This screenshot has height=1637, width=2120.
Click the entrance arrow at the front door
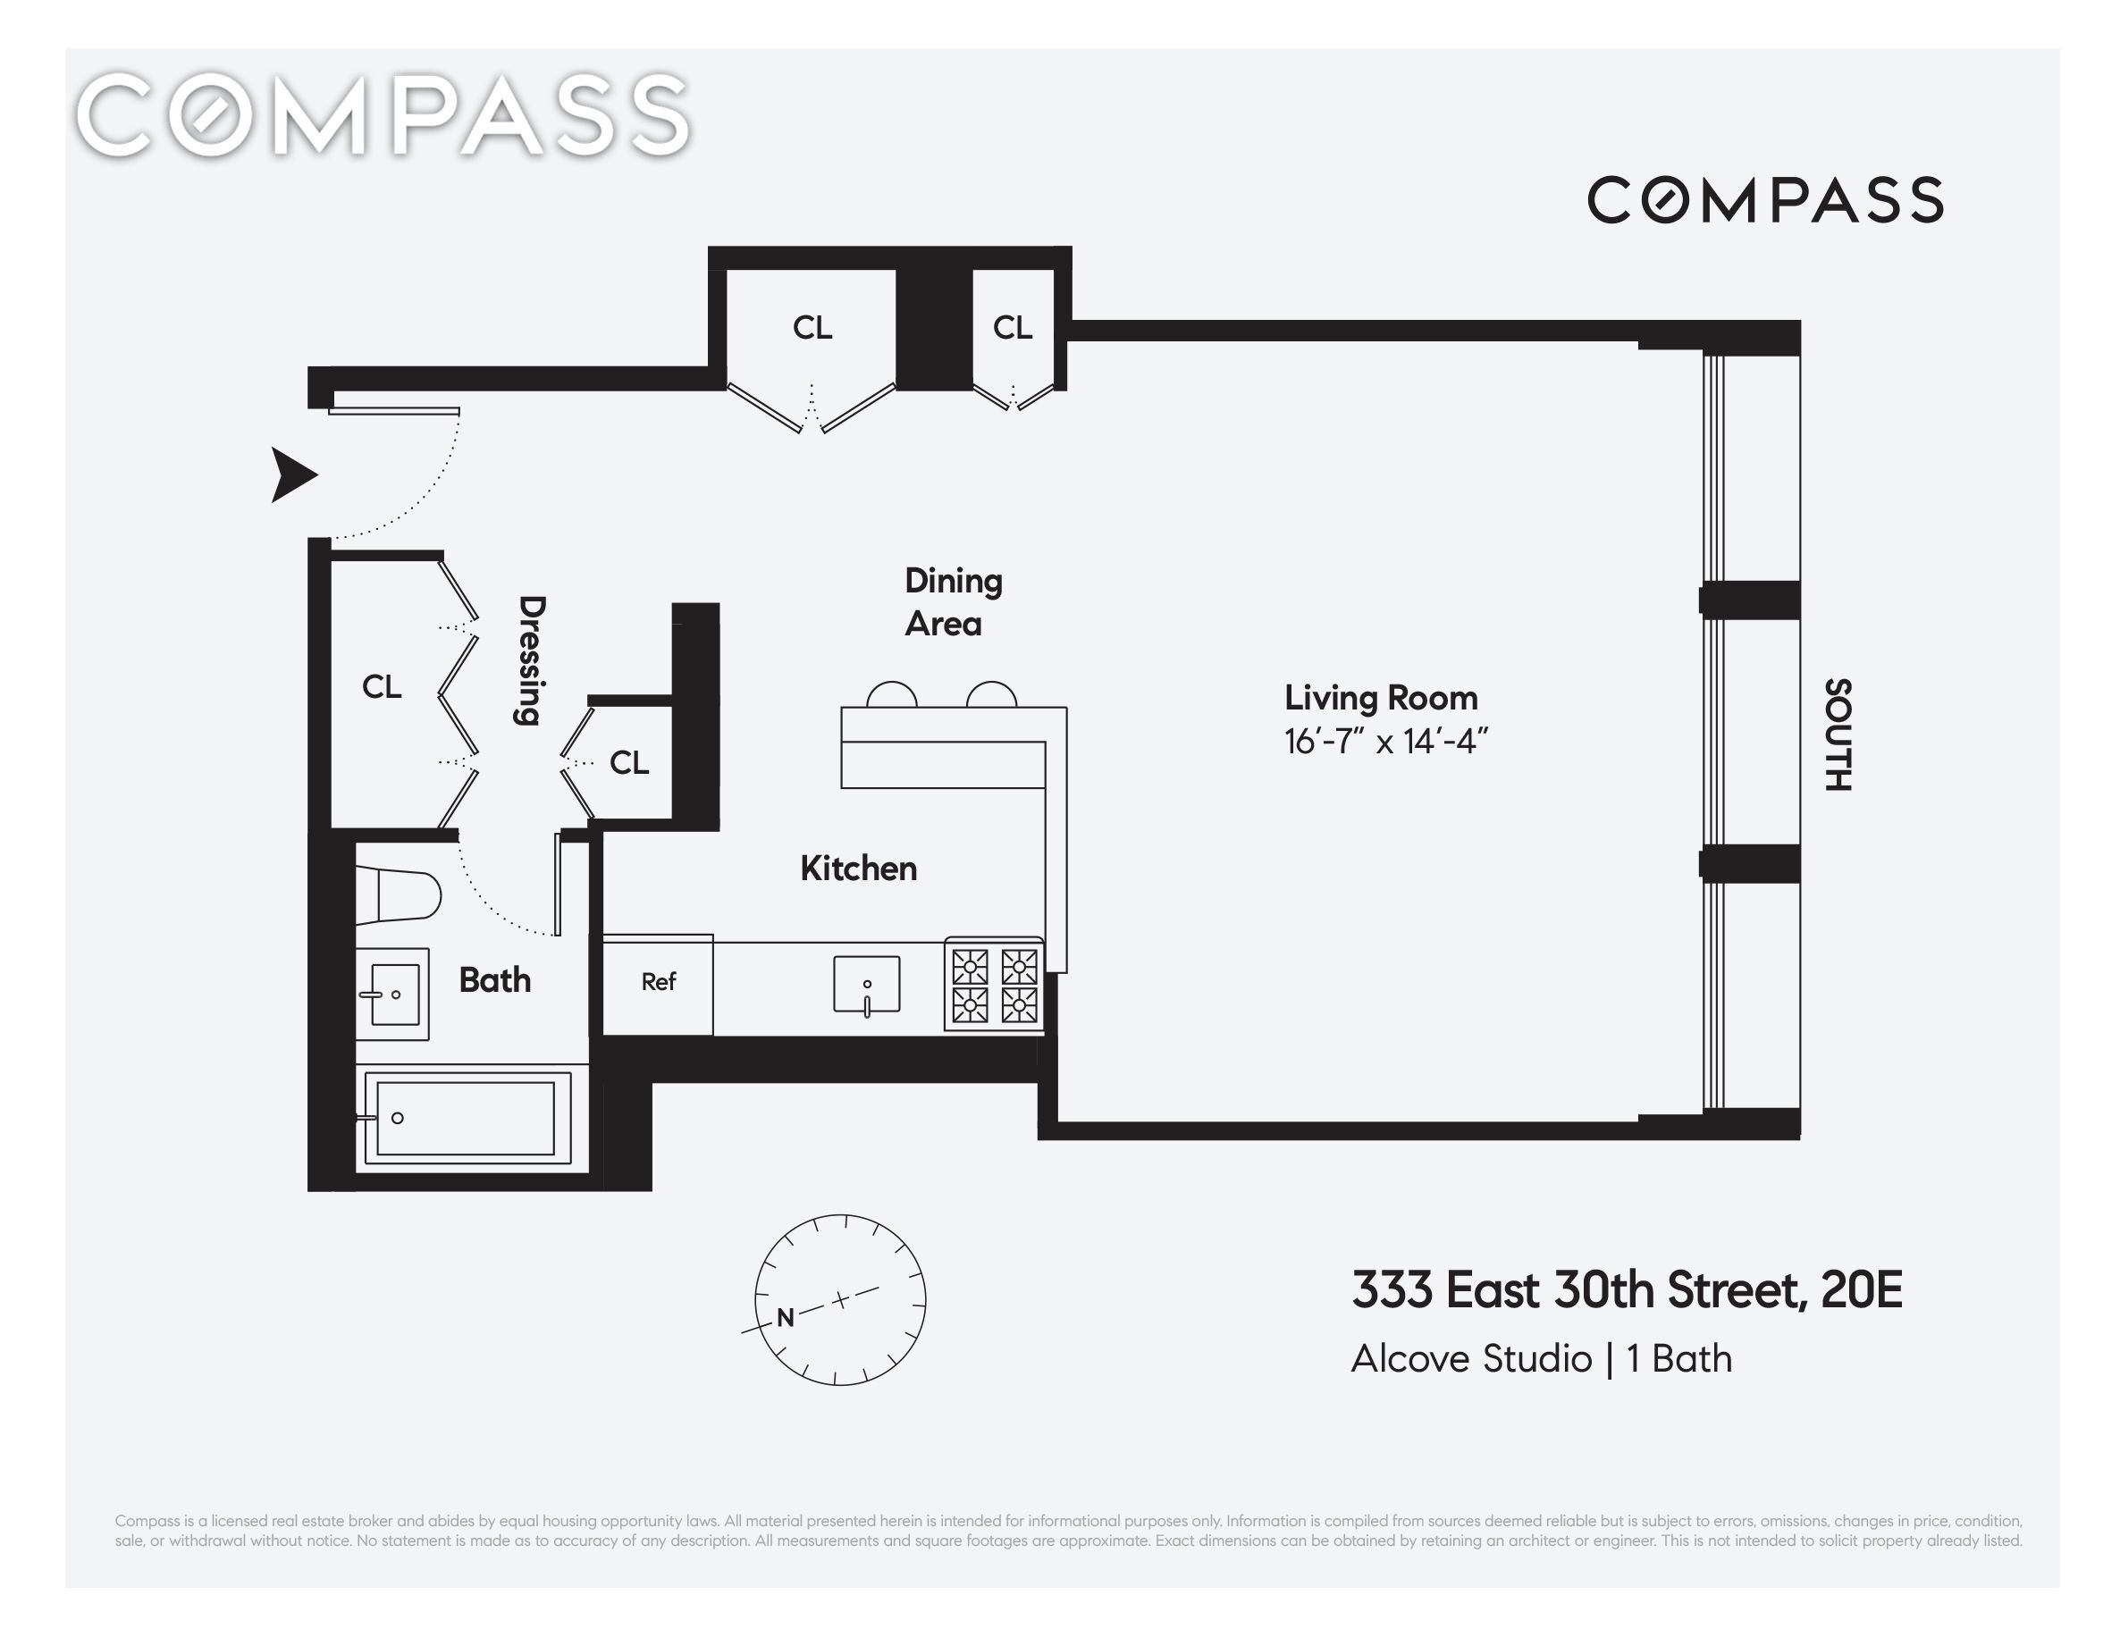coord(293,474)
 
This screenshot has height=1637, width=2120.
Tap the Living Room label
coord(1380,698)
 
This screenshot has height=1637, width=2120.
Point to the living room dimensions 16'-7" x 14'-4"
coord(1385,743)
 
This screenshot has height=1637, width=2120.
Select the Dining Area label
coord(954,601)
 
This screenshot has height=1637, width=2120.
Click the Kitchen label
coord(858,869)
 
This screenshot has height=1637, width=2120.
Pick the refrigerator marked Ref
coord(658,984)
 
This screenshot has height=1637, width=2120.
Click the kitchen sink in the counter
coord(867,985)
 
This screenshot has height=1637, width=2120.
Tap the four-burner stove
coord(994,985)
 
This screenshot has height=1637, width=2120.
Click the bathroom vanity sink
coord(392,994)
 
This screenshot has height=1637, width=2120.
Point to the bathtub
coord(466,1118)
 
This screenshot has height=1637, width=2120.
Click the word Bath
coord(495,980)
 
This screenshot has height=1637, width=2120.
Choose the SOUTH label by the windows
coord(1838,735)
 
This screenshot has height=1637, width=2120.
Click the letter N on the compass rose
coord(786,1317)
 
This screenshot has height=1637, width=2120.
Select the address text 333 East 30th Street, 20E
coord(1627,1289)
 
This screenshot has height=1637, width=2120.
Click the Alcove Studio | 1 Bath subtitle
coord(1542,1358)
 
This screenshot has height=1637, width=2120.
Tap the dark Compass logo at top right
coord(1764,200)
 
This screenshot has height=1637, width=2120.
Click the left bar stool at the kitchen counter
coord(891,695)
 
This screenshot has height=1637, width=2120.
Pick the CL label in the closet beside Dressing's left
coord(382,687)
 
